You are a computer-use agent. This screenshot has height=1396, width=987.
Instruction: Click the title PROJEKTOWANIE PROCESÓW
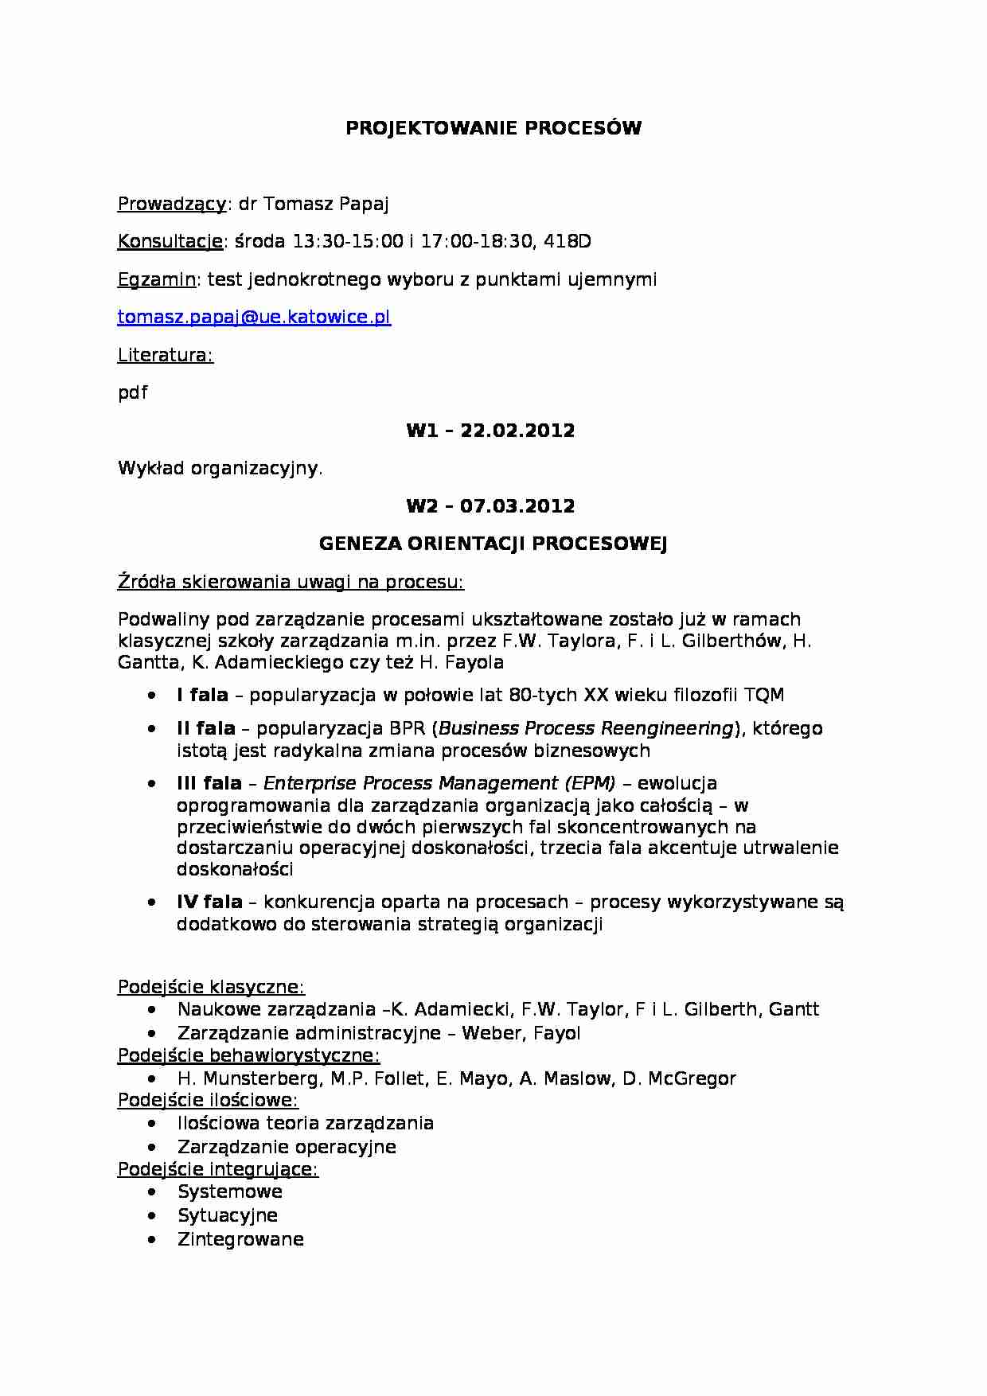pyautogui.click(x=493, y=129)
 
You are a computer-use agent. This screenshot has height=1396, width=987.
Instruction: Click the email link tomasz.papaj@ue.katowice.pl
pyautogui.click(x=254, y=318)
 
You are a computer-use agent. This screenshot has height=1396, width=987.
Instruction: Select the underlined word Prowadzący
pyautogui.click(x=172, y=205)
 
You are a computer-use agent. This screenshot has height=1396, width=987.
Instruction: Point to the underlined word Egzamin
pyautogui.click(x=157, y=280)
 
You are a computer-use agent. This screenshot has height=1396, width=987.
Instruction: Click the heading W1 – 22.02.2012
pyautogui.click(x=490, y=431)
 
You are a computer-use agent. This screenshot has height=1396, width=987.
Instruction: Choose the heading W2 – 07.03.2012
pyautogui.click(x=490, y=507)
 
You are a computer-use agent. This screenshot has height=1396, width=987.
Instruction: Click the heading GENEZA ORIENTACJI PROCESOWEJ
pyautogui.click(x=493, y=544)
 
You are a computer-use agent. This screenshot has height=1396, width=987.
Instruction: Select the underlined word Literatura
pyautogui.click(x=165, y=356)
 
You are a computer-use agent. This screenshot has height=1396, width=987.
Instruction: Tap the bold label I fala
pyautogui.click(x=202, y=696)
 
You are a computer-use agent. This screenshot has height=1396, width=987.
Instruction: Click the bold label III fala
pyautogui.click(x=209, y=784)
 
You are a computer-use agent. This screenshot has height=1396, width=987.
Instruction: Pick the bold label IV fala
pyautogui.click(x=209, y=903)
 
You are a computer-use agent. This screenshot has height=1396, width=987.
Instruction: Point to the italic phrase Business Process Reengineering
pyautogui.click(x=586, y=729)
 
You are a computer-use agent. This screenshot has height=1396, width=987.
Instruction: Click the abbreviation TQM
pyautogui.click(x=764, y=696)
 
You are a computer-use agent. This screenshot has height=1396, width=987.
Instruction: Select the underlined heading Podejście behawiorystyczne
pyautogui.click(x=248, y=1056)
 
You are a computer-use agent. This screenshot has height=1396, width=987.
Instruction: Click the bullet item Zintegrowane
pyautogui.click(x=240, y=1240)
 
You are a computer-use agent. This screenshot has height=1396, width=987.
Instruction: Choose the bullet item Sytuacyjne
pyautogui.click(x=228, y=1216)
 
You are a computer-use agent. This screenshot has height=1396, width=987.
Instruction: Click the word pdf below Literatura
pyautogui.click(x=132, y=393)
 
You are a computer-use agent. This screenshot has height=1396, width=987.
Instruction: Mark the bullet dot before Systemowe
pyautogui.click(x=152, y=1192)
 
